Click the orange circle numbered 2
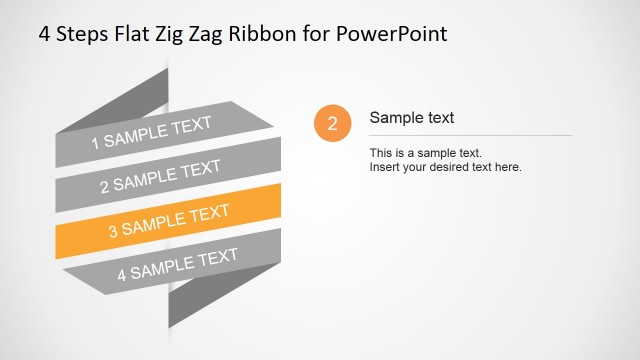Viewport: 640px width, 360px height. pos(332,124)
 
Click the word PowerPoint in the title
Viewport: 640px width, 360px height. pos(394,33)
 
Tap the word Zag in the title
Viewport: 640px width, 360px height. pos(220,33)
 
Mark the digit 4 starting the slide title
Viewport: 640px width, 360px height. pos(45,33)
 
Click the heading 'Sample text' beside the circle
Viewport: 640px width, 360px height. pos(412,118)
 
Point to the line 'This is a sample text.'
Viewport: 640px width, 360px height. pos(426,153)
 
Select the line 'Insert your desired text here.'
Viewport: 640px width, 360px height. pos(446,167)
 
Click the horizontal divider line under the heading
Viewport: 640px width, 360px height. pos(470,135)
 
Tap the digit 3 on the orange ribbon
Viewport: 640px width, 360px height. pos(113,230)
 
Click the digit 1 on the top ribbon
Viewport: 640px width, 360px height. pos(96,143)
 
